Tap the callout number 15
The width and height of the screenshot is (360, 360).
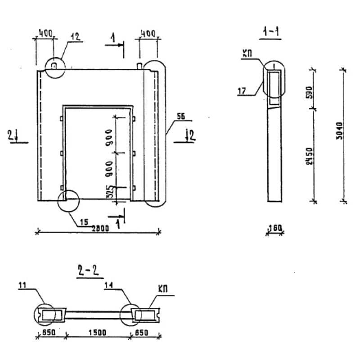[x=84, y=221]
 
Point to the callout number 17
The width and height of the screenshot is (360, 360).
[x=242, y=91]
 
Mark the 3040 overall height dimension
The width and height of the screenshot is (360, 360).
[x=340, y=130]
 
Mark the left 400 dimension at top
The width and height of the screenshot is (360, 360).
[x=45, y=33]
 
